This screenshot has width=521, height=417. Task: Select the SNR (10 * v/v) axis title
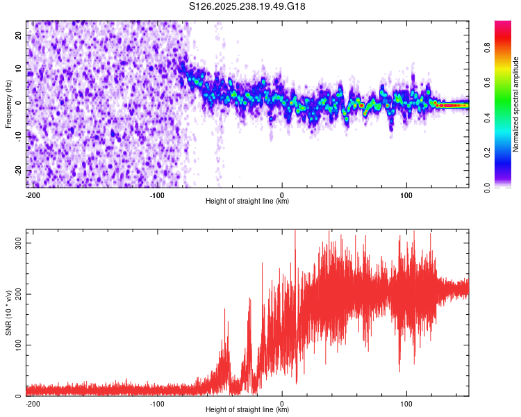(x=8, y=313)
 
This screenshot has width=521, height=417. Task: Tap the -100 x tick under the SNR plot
(x=157, y=402)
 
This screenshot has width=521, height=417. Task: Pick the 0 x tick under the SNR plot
(x=282, y=402)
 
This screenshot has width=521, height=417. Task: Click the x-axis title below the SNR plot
(x=247, y=410)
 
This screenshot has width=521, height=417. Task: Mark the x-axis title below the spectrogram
(x=247, y=202)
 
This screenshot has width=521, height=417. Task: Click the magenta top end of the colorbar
(x=504, y=24)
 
